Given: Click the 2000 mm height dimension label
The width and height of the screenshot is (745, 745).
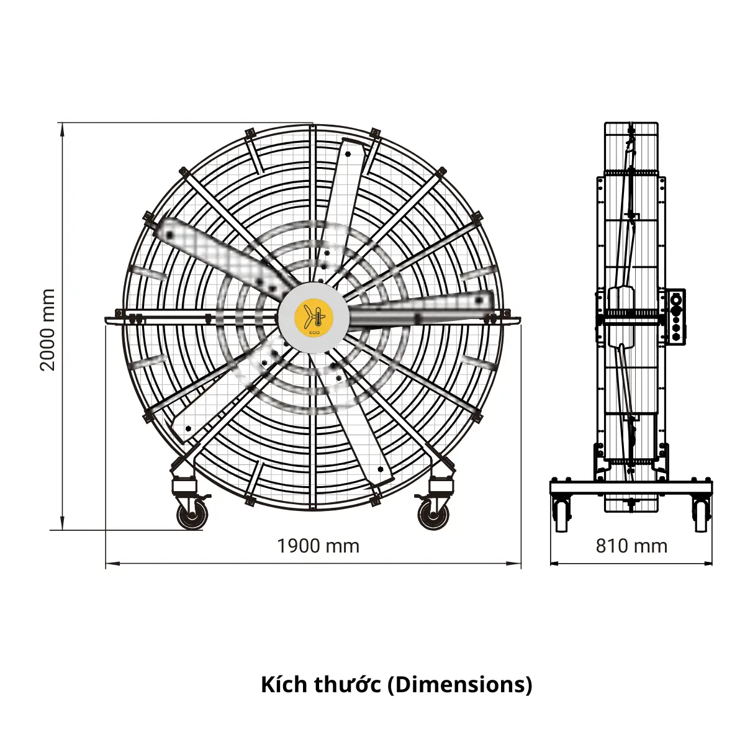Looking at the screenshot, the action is [x=48, y=330].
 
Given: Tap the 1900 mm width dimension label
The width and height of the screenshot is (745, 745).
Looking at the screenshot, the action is [x=318, y=546].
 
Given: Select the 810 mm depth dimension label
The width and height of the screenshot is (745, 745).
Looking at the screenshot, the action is [x=631, y=546].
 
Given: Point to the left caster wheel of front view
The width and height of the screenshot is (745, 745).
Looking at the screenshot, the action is [x=192, y=515].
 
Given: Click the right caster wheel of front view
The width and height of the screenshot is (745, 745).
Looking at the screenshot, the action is [x=434, y=515].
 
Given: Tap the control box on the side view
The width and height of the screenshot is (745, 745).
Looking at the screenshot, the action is [x=676, y=317].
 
